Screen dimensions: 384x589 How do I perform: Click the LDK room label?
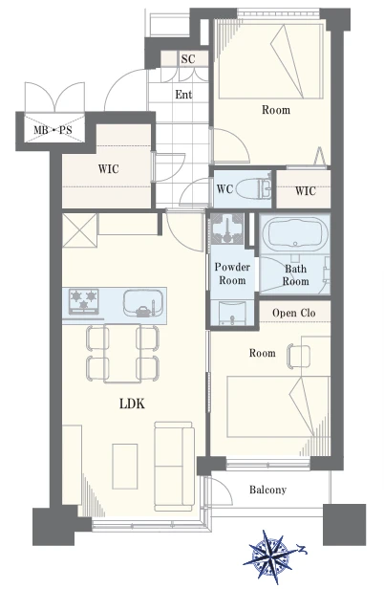[132, 404]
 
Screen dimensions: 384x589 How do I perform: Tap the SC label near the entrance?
[188, 59]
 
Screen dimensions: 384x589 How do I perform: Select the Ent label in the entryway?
[183, 95]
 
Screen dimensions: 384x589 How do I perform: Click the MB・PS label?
[53, 130]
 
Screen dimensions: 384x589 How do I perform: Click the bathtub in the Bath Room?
[294, 234]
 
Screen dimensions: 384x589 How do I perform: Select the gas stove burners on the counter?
[84, 301]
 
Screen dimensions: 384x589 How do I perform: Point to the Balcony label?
[267, 490]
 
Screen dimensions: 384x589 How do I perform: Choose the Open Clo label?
[294, 313]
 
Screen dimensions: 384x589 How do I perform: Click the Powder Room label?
[232, 273]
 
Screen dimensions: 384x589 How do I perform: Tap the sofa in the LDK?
[174, 466]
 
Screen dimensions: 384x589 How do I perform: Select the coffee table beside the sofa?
[125, 467]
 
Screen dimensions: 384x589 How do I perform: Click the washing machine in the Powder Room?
[227, 229]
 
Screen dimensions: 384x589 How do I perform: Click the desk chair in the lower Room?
[298, 355]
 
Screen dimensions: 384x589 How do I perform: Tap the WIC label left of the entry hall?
[109, 168]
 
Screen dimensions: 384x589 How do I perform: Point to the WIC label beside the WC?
[305, 191]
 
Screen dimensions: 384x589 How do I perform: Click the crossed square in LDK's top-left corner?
[79, 230]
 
